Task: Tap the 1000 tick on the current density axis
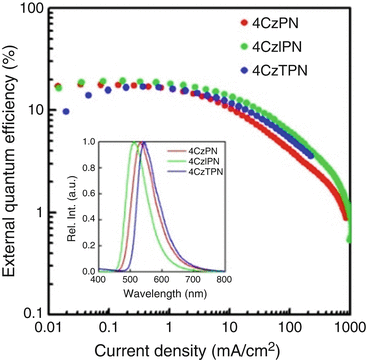click(x=346, y=328)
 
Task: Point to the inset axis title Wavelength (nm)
click(x=159, y=295)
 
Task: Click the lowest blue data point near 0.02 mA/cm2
click(x=67, y=111)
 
